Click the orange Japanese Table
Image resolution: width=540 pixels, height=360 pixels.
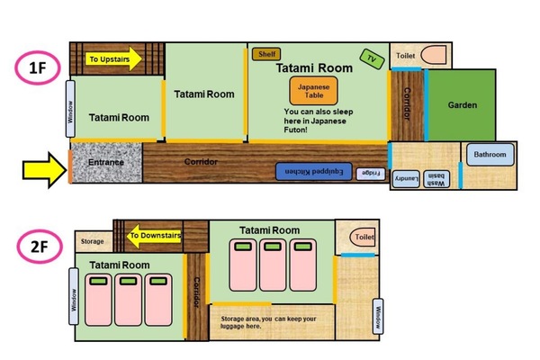tap(313, 91)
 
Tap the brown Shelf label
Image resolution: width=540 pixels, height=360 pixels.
tap(266, 54)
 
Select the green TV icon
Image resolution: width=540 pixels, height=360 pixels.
tap(372, 58)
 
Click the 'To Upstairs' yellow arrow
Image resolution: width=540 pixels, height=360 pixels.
tap(113, 58)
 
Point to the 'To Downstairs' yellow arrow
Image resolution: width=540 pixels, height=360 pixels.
tap(154, 236)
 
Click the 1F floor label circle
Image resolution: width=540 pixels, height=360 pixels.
tap(38, 67)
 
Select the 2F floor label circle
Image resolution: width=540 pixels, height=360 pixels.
tap(40, 247)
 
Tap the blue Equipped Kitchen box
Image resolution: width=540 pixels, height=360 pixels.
tap(314, 172)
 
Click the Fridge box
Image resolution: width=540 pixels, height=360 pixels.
tap(370, 174)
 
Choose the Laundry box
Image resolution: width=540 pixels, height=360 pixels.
tap(406, 179)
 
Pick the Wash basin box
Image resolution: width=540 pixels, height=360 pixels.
tap(436, 179)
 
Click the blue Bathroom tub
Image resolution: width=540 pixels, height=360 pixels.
tap(490, 154)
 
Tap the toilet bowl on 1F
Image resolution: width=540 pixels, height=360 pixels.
tap(433, 55)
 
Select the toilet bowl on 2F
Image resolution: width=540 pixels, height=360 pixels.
tap(363, 237)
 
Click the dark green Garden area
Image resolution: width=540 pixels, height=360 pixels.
tap(462, 105)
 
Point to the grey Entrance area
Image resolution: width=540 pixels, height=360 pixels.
tap(107, 163)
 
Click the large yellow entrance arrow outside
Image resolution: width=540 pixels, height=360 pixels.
tap(44, 170)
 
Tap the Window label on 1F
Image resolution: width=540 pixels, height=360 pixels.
tap(70, 109)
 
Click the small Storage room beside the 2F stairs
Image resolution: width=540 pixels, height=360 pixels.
tap(94, 241)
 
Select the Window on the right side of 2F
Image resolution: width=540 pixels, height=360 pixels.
tap(378, 316)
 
